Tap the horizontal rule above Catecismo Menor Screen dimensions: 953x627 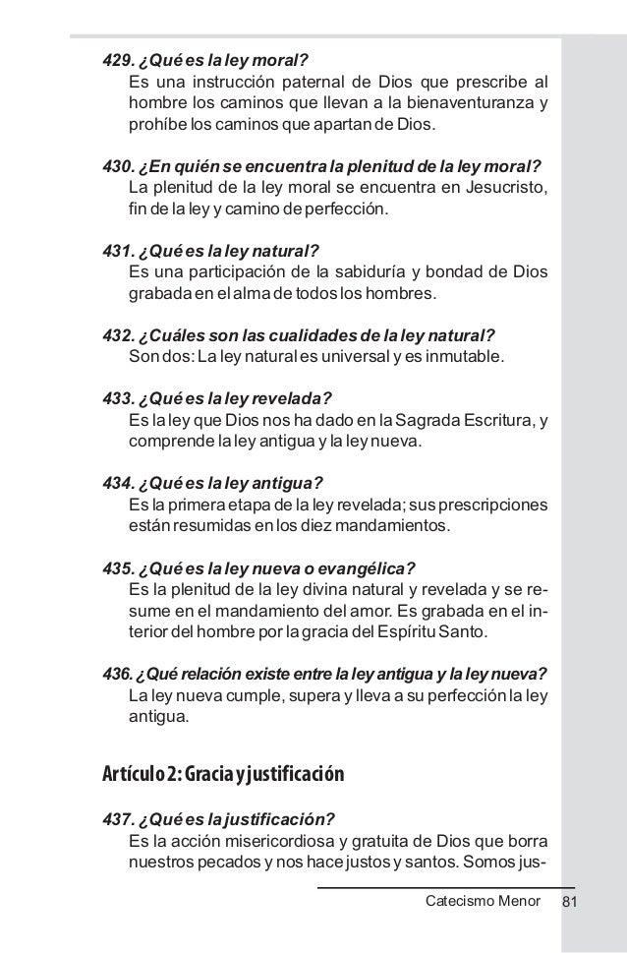(x=446, y=888)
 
